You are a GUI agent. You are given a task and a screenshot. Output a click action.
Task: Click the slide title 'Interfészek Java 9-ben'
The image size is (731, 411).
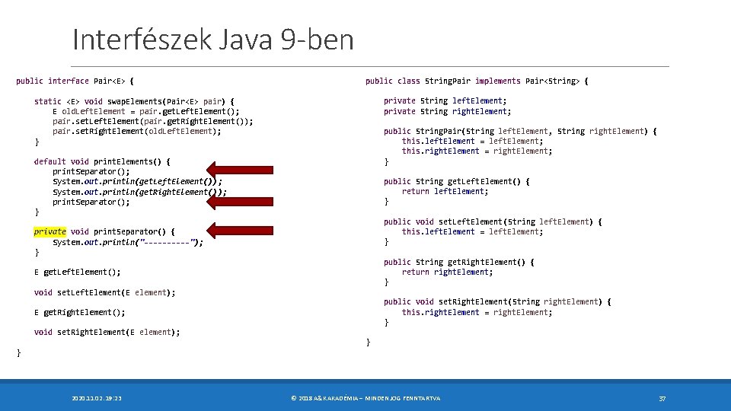[213, 40]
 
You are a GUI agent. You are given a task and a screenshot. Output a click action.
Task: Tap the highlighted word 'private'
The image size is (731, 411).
[50, 231]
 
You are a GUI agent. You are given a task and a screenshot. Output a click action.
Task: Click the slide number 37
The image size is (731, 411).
[662, 398]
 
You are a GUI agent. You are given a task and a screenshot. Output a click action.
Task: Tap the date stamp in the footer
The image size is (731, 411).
[97, 398]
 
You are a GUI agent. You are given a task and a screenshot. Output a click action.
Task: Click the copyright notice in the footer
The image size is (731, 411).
[365, 398]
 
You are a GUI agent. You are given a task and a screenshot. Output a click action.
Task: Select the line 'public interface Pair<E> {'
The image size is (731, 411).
[75, 81]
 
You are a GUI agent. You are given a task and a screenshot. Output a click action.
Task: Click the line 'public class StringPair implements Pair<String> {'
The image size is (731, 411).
[477, 81]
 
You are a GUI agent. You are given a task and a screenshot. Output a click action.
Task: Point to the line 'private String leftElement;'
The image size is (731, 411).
[445, 100]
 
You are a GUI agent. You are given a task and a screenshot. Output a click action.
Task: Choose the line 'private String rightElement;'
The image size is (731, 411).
[448, 111]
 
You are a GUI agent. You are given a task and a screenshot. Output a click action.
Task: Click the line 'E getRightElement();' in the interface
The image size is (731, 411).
[80, 312]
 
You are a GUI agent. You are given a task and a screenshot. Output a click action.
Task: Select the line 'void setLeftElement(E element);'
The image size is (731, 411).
[105, 292]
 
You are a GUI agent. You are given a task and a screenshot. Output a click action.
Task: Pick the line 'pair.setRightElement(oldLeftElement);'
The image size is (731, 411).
[137, 131]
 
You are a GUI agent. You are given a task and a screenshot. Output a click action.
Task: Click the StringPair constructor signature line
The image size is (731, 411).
[520, 131]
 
